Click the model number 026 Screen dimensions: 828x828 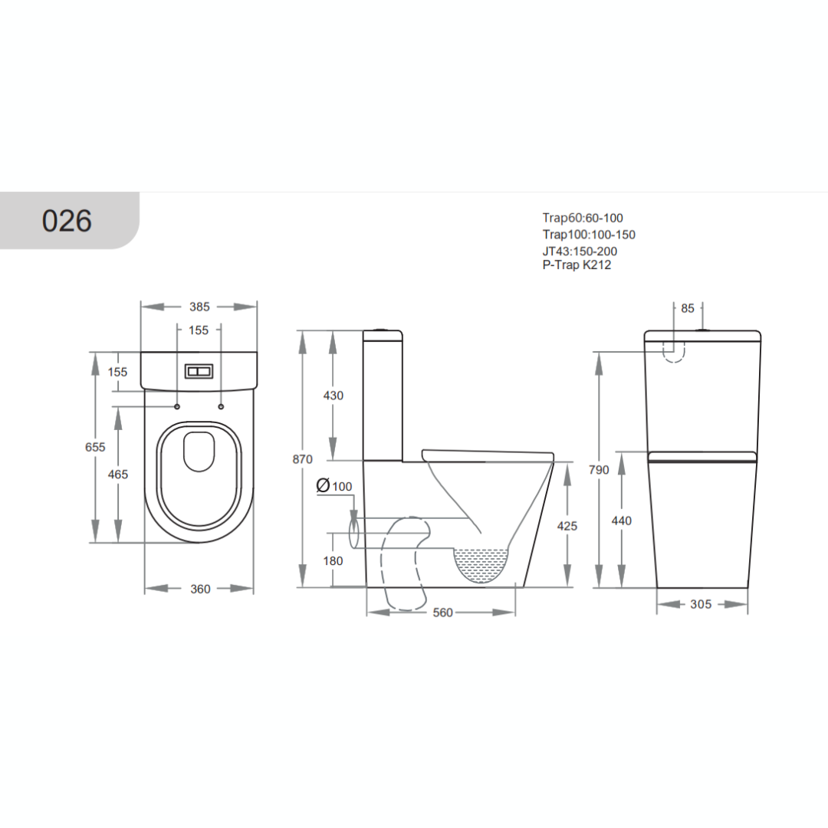pyautogui.click(x=67, y=221)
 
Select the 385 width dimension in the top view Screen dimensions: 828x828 pyautogui.click(x=199, y=307)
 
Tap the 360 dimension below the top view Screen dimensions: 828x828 pyautogui.click(x=200, y=589)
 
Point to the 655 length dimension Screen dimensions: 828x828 pyautogui.click(x=95, y=447)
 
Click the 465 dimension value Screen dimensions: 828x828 pyautogui.click(x=118, y=475)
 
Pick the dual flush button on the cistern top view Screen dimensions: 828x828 pyautogui.click(x=199, y=371)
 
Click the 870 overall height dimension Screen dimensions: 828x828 pyautogui.click(x=303, y=459)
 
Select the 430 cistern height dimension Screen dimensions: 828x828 pyautogui.click(x=333, y=396)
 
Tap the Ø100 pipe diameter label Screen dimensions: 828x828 pyautogui.click(x=334, y=486)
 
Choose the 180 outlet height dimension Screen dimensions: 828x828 pyautogui.click(x=333, y=560)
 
